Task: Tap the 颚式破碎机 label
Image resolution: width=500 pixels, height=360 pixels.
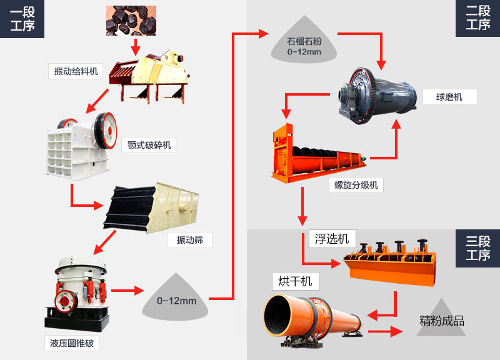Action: point(148,146)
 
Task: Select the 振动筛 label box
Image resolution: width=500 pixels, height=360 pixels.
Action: point(189,240)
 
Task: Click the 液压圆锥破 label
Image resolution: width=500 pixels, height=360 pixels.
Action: point(72,343)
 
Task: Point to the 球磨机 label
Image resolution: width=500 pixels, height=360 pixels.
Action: point(449,97)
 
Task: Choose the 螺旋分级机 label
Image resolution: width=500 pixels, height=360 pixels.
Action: point(353,185)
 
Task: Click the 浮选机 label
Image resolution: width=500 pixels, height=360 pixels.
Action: point(332,238)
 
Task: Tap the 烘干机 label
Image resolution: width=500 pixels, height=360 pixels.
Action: point(295,281)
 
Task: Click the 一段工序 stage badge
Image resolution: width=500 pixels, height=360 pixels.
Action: point(22,19)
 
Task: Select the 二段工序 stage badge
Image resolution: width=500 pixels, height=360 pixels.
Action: point(477,19)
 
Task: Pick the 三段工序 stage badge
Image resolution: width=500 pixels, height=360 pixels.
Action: point(477,248)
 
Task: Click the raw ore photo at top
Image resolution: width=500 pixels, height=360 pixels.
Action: point(131,20)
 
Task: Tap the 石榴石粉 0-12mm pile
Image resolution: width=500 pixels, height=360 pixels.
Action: point(304,45)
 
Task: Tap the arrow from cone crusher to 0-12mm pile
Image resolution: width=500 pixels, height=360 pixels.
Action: point(127,291)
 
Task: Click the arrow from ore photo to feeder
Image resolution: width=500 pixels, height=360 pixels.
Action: point(135,47)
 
